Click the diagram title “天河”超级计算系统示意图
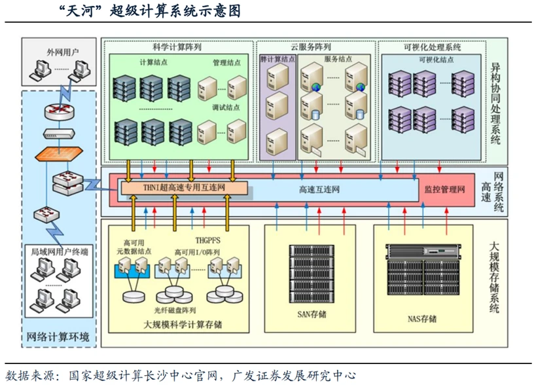tap(150, 11)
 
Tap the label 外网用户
tap(60, 50)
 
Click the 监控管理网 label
tap(444, 189)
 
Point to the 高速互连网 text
tap(319, 189)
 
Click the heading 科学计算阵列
tap(177, 47)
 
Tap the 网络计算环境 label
tap(58, 337)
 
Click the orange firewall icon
tap(60, 154)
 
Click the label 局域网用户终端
tap(60, 251)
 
